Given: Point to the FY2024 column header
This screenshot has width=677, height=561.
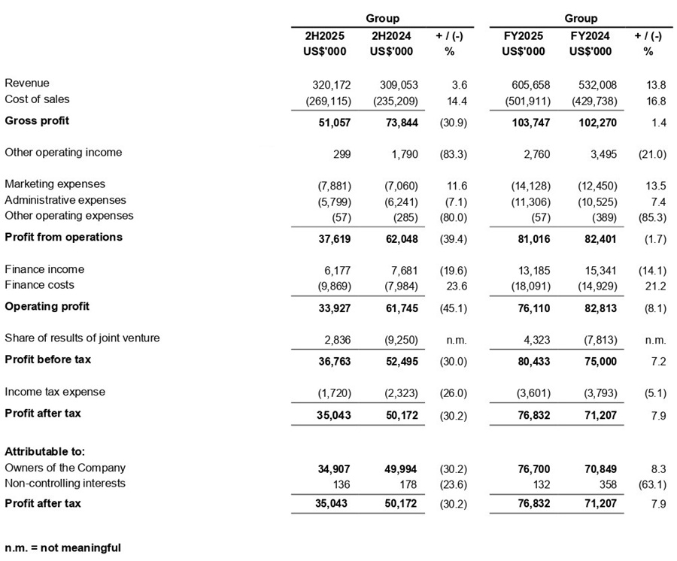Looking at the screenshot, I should [590, 35].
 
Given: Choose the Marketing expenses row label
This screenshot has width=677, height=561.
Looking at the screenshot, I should [55, 184].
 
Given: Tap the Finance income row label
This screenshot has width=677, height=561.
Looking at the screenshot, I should [44, 269].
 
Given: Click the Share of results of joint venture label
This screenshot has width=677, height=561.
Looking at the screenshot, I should [82, 338].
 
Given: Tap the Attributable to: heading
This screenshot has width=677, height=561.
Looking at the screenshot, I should [44, 452].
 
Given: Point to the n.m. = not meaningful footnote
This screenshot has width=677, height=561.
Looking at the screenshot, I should [62, 547].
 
